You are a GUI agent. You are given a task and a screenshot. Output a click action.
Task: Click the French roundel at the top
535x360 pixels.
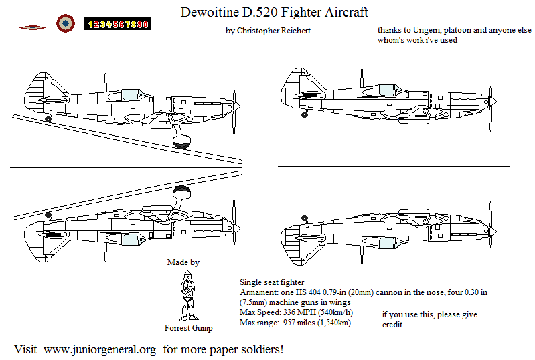[65, 23]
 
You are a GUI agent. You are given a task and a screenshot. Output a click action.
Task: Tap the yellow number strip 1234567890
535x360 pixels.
[117, 24]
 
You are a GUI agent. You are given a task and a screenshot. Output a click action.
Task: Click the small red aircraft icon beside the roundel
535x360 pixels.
[31, 27]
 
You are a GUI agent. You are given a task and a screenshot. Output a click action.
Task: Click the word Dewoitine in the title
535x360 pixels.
[211, 12]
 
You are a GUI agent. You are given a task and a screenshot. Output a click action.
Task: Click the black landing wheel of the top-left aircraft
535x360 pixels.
[181, 142]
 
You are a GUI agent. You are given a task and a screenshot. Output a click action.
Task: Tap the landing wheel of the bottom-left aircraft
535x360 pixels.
[181, 193]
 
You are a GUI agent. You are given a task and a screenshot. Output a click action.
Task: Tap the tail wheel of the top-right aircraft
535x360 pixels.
[304, 114]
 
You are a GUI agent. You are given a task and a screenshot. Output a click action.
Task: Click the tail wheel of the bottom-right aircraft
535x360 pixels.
[304, 219]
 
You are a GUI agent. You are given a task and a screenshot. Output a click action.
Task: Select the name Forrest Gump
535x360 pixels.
[189, 328]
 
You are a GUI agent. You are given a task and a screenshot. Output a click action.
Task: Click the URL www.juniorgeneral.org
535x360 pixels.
[100, 349]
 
